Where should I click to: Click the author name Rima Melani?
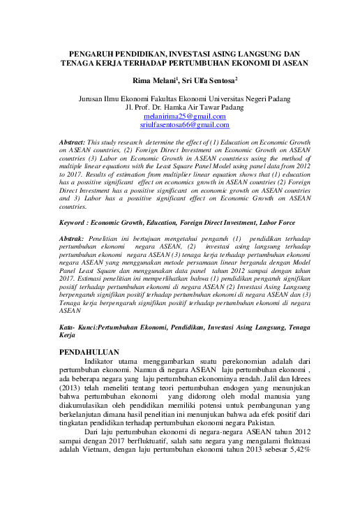click(156, 81)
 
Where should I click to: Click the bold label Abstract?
click(75, 142)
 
